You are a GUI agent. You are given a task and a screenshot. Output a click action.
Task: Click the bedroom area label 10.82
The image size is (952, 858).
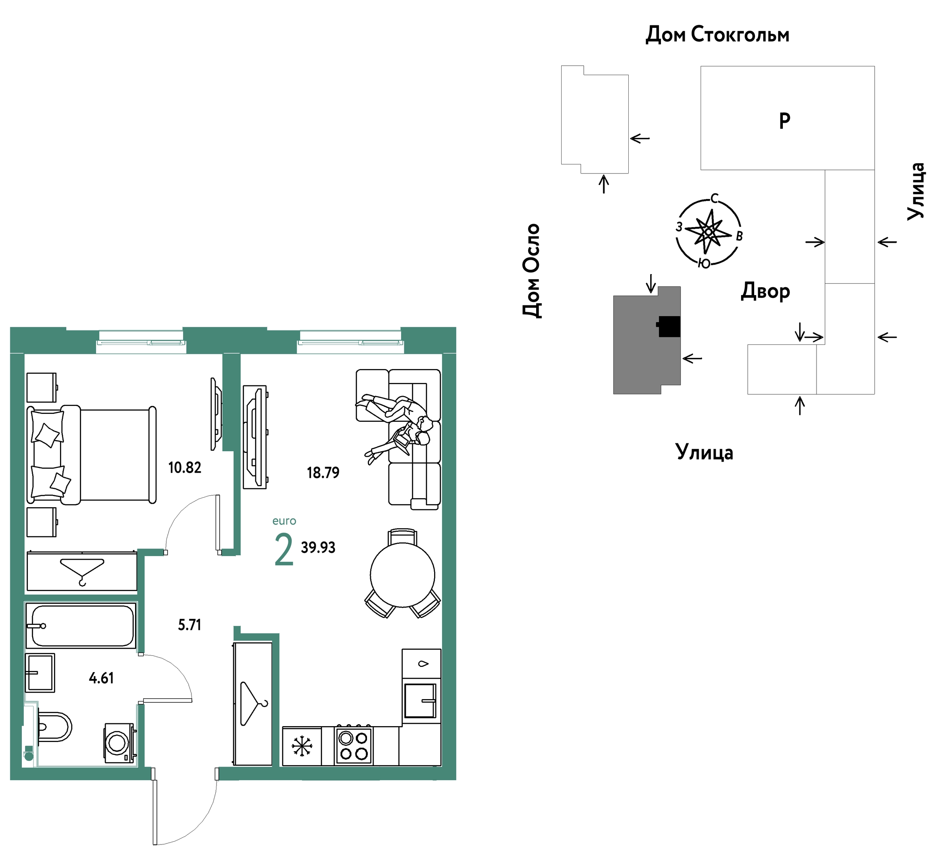[x=185, y=467]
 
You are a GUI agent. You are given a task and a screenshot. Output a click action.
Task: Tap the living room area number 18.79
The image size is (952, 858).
[x=323, y=472]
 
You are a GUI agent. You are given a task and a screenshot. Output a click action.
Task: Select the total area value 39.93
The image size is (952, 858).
[x=318, y=547]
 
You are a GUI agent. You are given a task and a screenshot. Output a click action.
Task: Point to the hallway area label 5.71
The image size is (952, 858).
[x=189, y=625]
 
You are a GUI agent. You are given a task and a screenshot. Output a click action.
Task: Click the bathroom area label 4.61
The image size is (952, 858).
[x=101, y=678]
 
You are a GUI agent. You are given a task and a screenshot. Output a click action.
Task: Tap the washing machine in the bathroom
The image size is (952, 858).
[x=120, y=743]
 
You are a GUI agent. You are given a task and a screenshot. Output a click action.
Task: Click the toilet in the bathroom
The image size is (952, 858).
[x=54, y=727]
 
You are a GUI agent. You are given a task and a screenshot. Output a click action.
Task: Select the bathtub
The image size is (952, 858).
[x=81, y=626]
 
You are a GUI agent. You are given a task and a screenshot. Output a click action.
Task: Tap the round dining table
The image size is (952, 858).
[x=402, y=575]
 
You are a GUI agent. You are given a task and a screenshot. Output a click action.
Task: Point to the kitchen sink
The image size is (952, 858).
[x=420, y=701]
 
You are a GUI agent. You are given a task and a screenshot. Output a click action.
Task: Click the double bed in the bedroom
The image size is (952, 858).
[x=91, y=455]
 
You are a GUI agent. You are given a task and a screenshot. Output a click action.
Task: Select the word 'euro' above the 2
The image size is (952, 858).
[x=284, y=521]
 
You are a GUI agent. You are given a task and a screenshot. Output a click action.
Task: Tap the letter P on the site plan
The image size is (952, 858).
[x=784, y=121]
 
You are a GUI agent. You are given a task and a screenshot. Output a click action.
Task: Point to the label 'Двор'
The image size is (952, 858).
[x=765, y=291]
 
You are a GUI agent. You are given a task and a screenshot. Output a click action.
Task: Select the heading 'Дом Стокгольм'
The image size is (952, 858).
[x=717, y=35]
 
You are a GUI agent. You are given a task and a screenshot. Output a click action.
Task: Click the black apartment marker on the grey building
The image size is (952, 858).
[x=669, y=326]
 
